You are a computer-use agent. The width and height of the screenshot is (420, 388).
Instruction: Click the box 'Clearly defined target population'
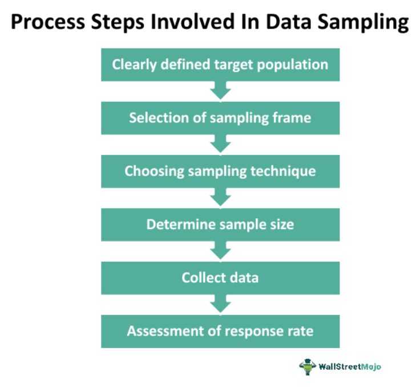(x=220, y=64)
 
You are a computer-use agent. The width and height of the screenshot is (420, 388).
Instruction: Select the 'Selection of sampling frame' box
(x=220, y=118)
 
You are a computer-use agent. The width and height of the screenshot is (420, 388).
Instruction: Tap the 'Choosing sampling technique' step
(x=220, y=171)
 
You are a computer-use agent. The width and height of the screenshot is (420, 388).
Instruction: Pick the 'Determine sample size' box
(x=220, y=224)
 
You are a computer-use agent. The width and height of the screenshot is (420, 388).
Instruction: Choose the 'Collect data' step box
(x=220, y=277)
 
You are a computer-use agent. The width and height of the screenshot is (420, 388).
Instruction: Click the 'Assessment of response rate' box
(x=220, y=331)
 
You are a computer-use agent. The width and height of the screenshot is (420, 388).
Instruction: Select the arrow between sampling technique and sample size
(x=220, y=198)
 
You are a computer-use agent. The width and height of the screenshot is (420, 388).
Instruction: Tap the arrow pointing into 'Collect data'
(x=220, y=251)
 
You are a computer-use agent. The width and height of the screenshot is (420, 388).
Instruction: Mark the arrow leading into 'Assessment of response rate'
(x=220, y=304)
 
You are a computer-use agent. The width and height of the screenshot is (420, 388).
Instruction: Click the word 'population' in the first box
(x=297, y=64)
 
